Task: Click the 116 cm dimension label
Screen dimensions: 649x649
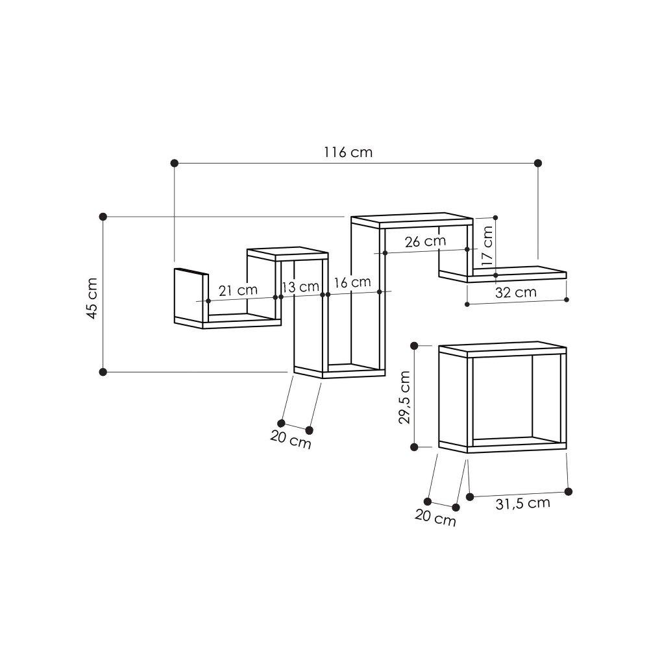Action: tap(348, 153)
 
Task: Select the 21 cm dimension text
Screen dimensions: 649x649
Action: tap(238, 290)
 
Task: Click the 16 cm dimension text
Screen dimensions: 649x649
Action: tap(352, 282)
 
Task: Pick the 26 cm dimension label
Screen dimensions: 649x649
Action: tap(425, 241)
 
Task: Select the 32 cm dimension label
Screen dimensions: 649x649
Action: tap(516, 292)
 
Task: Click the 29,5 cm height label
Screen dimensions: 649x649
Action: tap(404, 397)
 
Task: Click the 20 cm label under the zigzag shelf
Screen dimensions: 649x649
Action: tap(291, 441)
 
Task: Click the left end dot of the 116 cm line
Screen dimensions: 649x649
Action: tap(174, 163)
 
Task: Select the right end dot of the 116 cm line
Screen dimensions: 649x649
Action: tap(537, 163)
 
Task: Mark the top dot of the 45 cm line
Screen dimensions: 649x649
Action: tap(103, 216)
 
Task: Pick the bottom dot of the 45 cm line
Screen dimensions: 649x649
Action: tap(103, 372)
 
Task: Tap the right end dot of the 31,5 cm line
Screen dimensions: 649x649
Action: tap(569, 491)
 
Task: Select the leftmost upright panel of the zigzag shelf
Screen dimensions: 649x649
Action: tap(190, 295)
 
